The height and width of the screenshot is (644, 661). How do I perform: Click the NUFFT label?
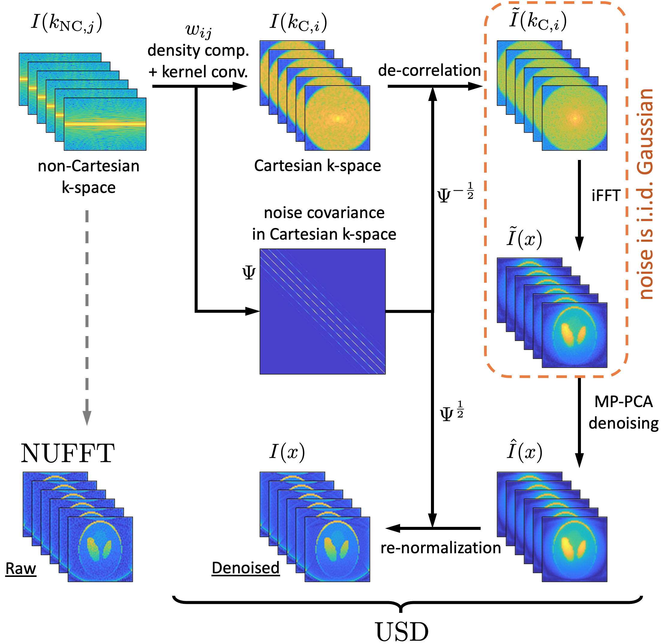tap(68, 453)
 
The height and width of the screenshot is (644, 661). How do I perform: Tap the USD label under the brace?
tap(402, 631)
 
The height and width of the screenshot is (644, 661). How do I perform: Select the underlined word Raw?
tap(21, 569)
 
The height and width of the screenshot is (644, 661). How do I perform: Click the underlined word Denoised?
tap(246, 568)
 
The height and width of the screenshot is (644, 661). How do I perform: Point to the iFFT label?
tap(606, 196)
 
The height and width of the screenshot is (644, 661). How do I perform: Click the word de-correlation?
tap(429, 70)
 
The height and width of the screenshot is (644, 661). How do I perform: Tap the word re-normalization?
tap(441, 548)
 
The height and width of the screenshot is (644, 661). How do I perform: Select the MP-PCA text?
tap(624, 402)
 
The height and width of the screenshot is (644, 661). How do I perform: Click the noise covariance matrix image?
tap(322, 312)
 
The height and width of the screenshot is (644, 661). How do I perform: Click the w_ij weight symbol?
tap(199, 30)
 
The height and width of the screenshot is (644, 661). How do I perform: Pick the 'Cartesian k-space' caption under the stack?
tap(317, 166)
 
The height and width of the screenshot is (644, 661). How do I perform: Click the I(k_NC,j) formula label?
tap(66, 23)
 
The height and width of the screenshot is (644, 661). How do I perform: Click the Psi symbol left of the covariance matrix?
tap(249, 273)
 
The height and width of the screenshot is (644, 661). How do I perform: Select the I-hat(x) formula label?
tap(524, 450)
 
